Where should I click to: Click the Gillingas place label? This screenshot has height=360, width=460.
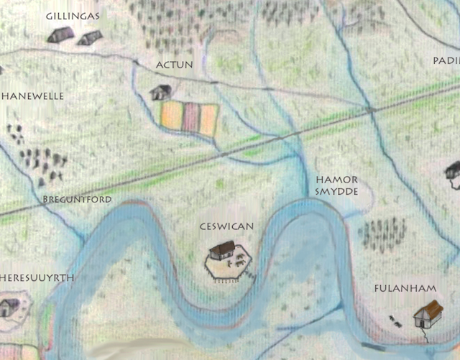72,15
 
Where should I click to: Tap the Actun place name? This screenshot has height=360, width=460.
174,65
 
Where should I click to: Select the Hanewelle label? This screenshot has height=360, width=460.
33,96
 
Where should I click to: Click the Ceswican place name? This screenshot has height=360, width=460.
226,226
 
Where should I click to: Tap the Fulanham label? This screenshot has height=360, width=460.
405,289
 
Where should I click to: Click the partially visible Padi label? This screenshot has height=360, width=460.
446,61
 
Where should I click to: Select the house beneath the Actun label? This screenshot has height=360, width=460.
160,92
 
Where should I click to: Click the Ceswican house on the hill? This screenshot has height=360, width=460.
221,251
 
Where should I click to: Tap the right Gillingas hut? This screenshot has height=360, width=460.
89,37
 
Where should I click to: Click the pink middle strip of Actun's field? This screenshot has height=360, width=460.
190,119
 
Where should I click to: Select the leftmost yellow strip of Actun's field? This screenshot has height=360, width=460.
171,117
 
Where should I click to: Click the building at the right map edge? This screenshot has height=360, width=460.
453,170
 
